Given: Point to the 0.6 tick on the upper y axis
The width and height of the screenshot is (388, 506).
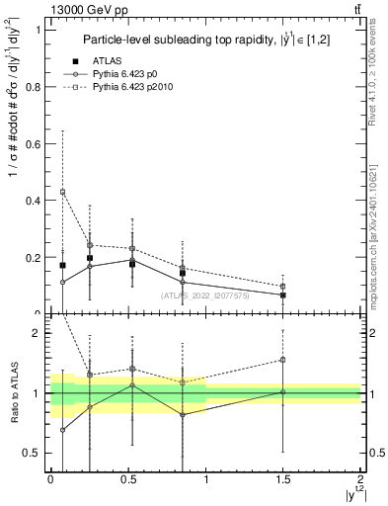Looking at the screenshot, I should (x=37, y=143).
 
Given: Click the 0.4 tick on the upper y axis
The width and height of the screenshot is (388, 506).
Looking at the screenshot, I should (x=37, y=201).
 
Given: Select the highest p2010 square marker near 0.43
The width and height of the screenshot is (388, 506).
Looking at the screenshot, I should (x=62, y=192).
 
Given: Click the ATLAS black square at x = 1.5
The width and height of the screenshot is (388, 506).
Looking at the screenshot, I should (x=283, y=295).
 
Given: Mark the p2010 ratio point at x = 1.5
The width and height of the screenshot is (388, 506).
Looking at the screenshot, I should (x=283, y=360).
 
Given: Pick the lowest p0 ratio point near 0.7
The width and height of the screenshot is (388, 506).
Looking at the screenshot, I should (x=62, y=430).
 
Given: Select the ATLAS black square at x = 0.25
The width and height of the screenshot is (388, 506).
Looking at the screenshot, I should (x=90, y=258).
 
